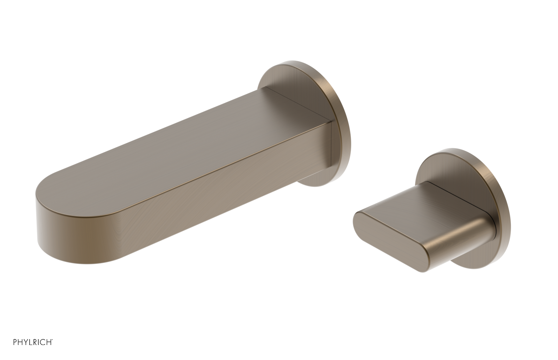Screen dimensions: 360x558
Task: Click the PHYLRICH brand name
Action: tap(33, 342)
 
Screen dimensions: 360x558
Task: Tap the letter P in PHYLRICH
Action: tap(15, 342)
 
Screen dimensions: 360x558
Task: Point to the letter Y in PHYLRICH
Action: tap(26, 342)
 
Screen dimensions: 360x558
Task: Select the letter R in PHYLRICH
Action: tap(36, 342)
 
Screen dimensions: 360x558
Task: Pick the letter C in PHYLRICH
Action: tap(44, 342)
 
